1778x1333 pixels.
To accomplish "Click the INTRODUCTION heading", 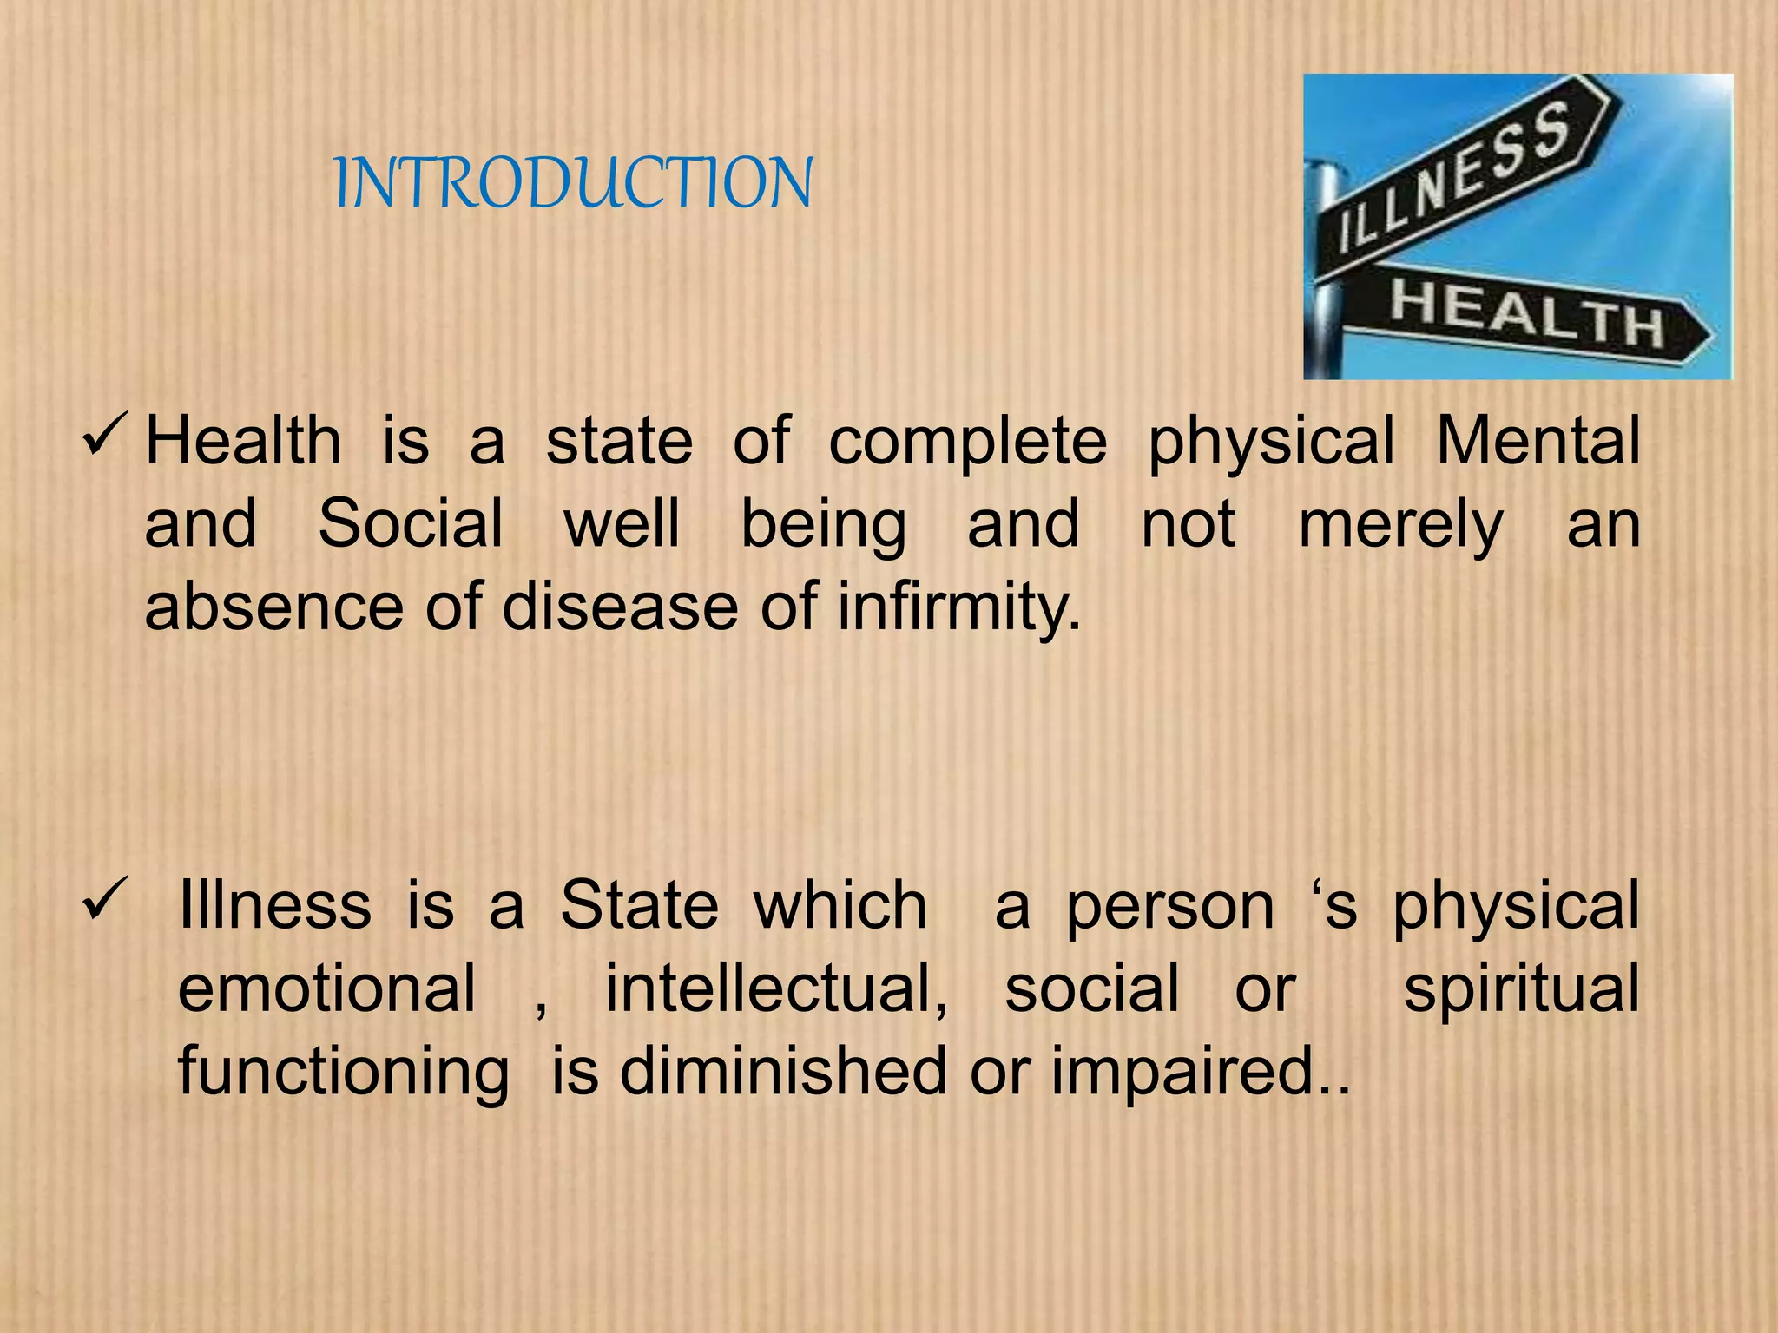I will tap(573, 183).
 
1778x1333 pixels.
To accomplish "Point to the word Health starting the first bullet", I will tap(243, 441).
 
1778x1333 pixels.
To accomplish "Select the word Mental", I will tap(1538, 441).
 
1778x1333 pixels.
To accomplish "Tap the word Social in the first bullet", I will tap(410, 523).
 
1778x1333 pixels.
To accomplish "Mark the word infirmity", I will tap(958, 607).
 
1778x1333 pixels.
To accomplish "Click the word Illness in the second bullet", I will tap(274, 905).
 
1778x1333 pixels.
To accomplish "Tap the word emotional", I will tap(326, 988).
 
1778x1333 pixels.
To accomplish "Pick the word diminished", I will tap(782, 1071).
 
